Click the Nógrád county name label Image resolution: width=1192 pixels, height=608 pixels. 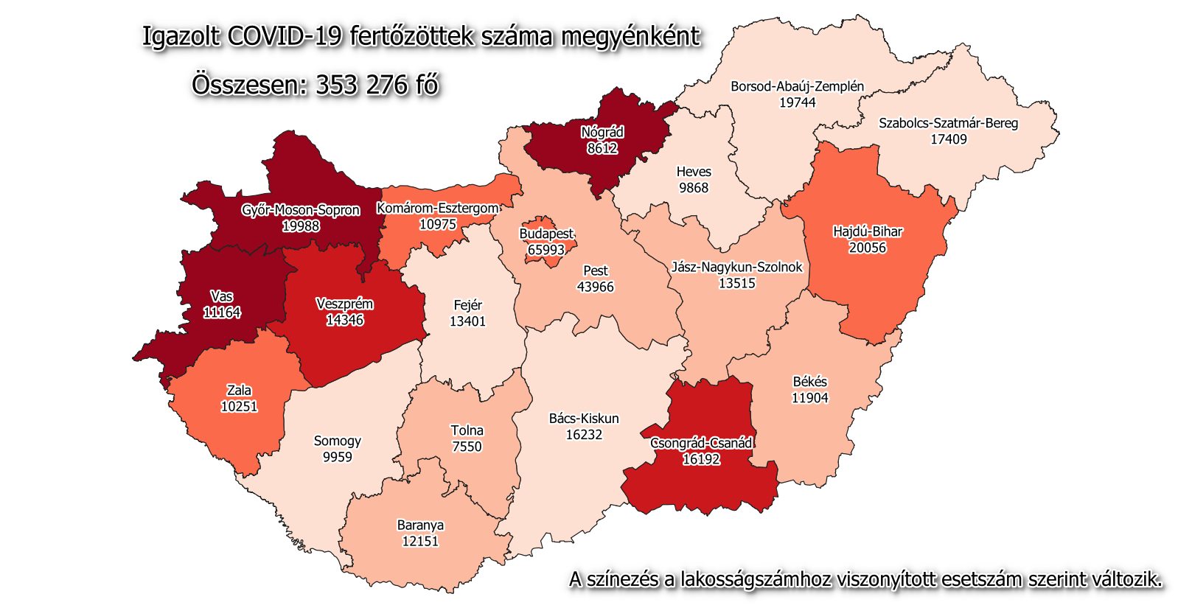pyautogui.click(x=602, y=133)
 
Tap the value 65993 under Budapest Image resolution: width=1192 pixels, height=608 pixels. pyautogui.click(x=546, y=250)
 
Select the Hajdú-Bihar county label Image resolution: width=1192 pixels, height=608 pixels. pyautogui.click(x=868, y=231)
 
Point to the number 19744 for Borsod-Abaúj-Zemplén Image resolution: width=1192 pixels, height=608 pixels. pyautogui.click(x=798, y=102)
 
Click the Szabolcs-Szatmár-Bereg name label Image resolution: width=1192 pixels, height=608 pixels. pyautogui.click(x=948, y=123)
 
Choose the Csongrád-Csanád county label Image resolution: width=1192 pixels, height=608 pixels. pyautogui.click(x=701, y=443)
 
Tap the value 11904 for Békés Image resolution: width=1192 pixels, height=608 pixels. pyautogui.click(x=810, y=398)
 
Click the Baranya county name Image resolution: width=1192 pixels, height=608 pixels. pyautogui.click(x=420, y=525)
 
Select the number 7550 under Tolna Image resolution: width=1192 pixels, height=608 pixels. pyautogui.click(x=467, y=447)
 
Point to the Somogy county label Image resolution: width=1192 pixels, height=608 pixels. pyautogui.click(x=338, y=441)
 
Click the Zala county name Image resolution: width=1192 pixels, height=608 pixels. pyautogui.click(x=239, y=390)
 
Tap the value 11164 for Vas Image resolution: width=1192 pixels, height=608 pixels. pyautogui.click(x=222, y=312)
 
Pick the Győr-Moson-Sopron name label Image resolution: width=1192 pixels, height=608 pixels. pyautogui.click(x=301, y=210)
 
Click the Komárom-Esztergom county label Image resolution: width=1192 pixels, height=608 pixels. pyautogui.click(x=438, y=209)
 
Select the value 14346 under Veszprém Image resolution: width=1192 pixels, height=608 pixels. pyautogui.click(x=345, y=320)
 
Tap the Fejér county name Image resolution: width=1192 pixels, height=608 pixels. pyautogui.click(x=467, y=305)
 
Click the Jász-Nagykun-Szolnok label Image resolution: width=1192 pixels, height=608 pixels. pyautogui.click(x=736, y=267)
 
